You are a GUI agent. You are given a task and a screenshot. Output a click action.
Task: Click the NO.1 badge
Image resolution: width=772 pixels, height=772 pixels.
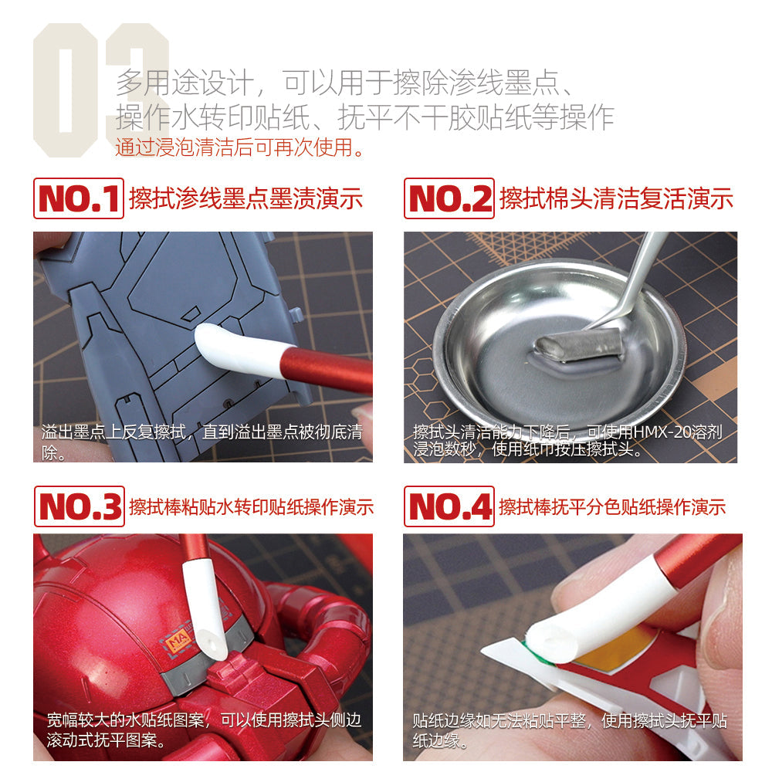coord(78,199)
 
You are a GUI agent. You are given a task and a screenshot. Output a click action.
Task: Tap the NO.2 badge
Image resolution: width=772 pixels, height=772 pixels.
coord(449,199)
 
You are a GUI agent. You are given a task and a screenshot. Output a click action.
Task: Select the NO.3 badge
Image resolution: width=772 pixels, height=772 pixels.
coord(78,506)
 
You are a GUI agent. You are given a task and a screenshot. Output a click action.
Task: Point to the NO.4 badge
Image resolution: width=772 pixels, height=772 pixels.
coord(449,506)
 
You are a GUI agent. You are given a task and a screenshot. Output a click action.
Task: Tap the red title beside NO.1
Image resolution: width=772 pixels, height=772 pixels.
coord(245,199)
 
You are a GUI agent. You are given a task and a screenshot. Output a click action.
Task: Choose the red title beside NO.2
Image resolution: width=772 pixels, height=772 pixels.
coord(616,199)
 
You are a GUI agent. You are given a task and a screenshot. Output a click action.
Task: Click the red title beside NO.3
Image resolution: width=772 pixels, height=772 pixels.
coord(251,506)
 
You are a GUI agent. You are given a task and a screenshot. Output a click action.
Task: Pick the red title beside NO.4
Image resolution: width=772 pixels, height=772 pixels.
coord(612,506)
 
